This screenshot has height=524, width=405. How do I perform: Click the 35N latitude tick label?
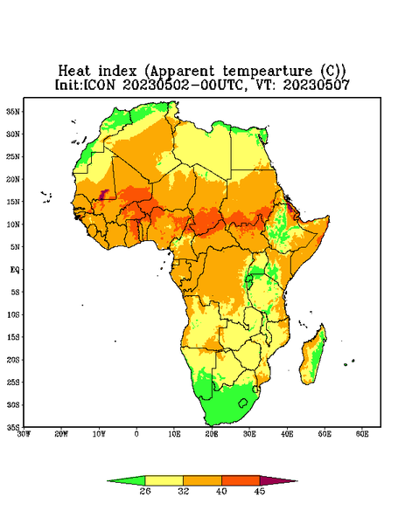[x=13, y=112]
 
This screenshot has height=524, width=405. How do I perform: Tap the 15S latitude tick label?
[x=13, y=337]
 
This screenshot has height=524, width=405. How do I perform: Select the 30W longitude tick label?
[x=24, y=434]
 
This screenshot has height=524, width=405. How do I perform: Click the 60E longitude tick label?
[x=362, y=434]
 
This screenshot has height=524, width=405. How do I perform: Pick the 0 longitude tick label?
[x=136, y=434]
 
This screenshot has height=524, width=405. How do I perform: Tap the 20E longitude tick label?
[x=212, y=434]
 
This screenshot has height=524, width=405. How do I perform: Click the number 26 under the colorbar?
[x=145, y=491]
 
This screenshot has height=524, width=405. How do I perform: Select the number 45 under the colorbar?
[x=260, y=491]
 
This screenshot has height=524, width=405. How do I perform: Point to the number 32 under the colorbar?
[x=184, y=491]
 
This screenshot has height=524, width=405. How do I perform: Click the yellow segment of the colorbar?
[x=164, y=480]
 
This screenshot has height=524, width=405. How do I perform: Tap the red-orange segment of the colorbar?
[x=241, y=480]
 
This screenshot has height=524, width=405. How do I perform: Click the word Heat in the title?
[x=74, y=72]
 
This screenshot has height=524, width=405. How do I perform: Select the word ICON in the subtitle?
[x=99, y=85]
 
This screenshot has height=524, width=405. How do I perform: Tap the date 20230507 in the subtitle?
[x=317, y=85]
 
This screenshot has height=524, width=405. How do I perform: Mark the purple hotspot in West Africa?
[x=104, y=194]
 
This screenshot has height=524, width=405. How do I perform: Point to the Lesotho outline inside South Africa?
[x=243, y=403]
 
